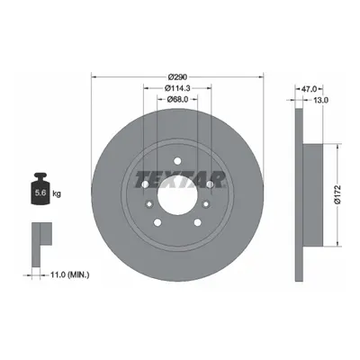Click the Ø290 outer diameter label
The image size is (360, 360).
pos(177,77)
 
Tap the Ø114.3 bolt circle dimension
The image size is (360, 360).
pos(177,88)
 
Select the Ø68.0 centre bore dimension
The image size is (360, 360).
pos(177,99)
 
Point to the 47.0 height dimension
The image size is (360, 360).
pos(309,89)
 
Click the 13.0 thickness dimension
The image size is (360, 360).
pos(320,100)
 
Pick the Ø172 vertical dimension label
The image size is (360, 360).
pos(337,194)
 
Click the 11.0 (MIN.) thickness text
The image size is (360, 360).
pos(69,274)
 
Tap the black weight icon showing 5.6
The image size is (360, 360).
pos(40,189)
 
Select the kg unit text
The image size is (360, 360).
pos(57,193)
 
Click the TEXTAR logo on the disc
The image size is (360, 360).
pos(180,180)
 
